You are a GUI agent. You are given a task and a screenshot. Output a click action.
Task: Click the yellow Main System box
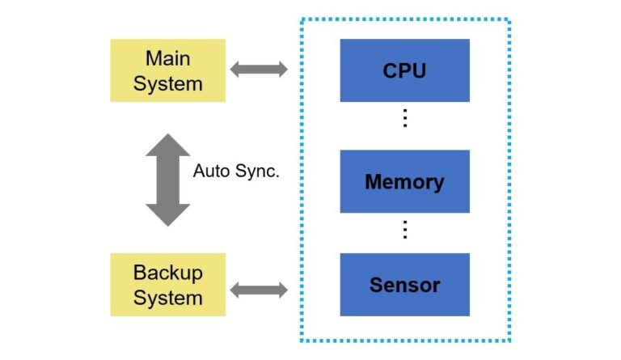[167, 70]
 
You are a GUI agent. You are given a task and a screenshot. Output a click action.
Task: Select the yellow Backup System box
[167, 285]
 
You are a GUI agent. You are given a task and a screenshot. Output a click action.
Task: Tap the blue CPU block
[404, 70]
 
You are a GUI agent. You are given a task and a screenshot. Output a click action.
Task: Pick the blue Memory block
[404, 181]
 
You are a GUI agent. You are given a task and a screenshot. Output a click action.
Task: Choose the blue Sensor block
[404, 285]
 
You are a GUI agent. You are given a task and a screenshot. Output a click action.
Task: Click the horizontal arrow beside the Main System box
[259, 70]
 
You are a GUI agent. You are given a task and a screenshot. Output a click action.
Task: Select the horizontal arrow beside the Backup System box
[259, 290]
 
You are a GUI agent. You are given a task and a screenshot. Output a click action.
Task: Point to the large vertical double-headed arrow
[167, 180]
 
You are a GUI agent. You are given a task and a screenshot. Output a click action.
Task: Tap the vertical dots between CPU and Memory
[405, 119]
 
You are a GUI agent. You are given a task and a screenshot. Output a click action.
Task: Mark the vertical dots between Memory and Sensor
[405, 230]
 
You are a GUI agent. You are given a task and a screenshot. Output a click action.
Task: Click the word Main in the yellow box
[167, 58]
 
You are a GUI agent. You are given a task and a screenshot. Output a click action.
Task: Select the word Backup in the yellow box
[167, 272]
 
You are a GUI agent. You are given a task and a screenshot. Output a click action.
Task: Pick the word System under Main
[167, 83]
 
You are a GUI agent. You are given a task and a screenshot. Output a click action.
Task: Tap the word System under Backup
[167, 298]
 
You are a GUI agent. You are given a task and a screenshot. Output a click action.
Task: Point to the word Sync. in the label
[256, 172]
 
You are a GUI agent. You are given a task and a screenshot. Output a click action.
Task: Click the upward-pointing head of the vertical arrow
[167, 146]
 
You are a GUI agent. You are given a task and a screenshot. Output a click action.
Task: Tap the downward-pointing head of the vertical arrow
[167, 214]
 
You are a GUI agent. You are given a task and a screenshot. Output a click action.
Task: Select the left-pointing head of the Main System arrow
[237, 70]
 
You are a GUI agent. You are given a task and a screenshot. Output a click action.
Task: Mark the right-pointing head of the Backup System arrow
[281, 290]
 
